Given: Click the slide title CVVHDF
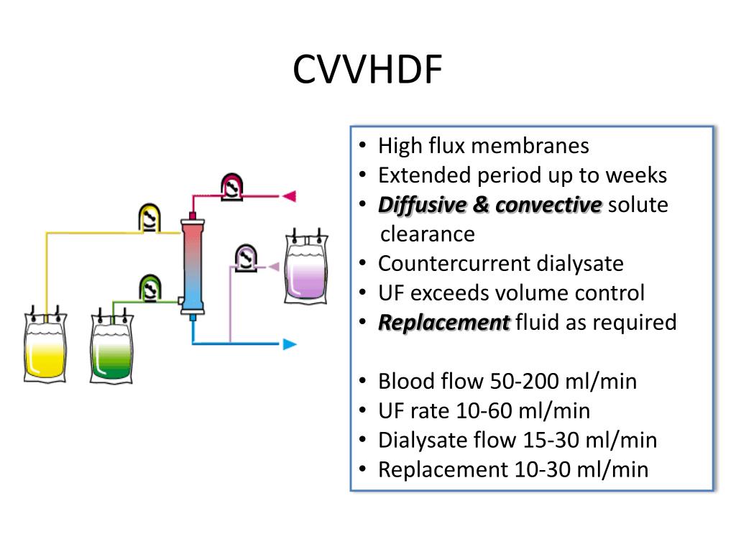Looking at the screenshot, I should [x=367, y=70].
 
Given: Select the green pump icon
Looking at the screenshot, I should [x=149, y=287].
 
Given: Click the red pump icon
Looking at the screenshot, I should [x=231, y=186].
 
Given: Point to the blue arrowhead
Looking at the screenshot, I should [x=290, y=344].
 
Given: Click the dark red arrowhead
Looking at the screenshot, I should [x=289, y=195].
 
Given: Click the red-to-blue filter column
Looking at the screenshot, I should [x=192, y=265].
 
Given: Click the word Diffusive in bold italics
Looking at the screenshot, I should [x=422, y=205].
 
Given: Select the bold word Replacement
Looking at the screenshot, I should [x=443, y=323].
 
